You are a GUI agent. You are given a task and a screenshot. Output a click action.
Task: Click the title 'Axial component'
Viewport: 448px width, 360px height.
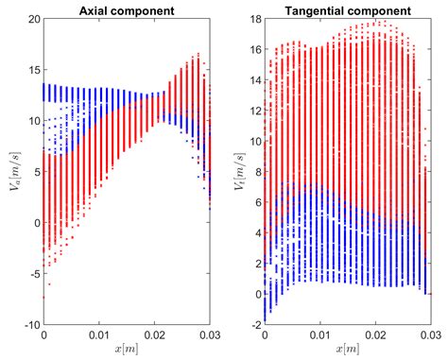point(128,10)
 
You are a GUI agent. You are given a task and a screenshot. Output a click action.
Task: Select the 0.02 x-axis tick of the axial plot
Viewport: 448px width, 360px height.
point(156,335)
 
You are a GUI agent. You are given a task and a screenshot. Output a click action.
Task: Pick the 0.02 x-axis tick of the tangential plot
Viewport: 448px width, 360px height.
point(376,335)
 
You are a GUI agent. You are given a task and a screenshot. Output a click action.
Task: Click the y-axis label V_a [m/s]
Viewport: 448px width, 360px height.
point(11,172)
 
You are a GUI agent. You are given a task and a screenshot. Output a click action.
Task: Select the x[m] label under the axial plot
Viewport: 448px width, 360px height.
point(128,350)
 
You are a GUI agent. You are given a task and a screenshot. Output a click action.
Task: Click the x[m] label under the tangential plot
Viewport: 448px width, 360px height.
point(349,350)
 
